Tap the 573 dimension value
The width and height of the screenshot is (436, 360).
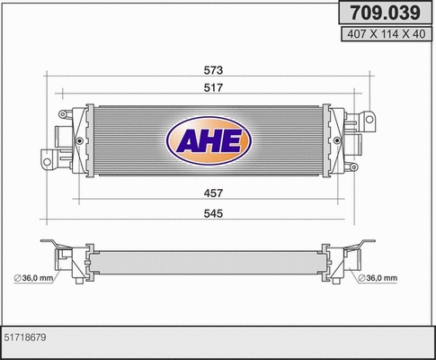213,70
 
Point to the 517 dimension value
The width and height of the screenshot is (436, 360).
213,87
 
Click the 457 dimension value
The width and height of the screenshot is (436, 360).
213,193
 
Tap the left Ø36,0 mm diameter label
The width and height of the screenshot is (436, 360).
34,277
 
